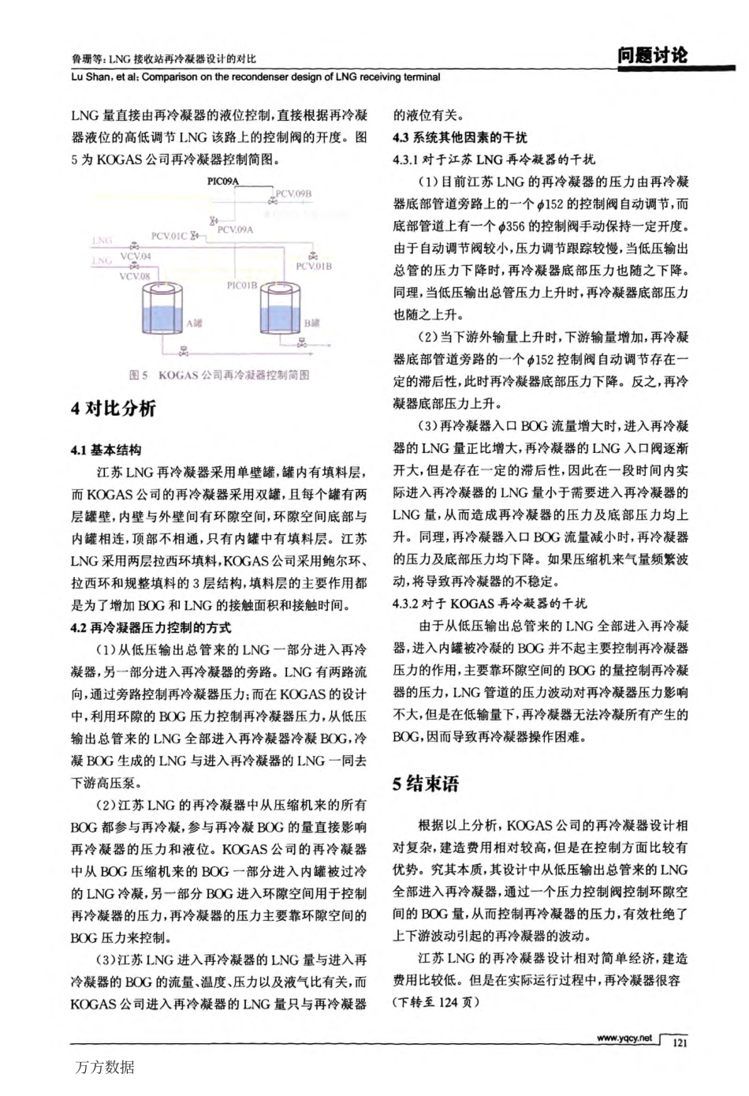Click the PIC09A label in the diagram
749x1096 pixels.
(222, 181)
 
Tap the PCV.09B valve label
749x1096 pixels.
(293, 193)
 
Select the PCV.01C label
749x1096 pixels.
(170, 236)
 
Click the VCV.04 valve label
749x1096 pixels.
(135, 256)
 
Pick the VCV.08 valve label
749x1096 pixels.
(134, 276)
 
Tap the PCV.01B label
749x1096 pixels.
(313, 267)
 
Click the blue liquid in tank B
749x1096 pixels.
(281, 320)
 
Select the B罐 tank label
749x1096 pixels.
(312, 323)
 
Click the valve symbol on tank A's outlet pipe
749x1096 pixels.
(184, 351)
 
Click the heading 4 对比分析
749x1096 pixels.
(114, 409)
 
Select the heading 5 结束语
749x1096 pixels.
(426, 784)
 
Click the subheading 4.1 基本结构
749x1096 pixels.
(106, 450)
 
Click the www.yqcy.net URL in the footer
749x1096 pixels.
(624, 1038)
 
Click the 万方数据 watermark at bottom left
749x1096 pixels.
(105, 1068)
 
